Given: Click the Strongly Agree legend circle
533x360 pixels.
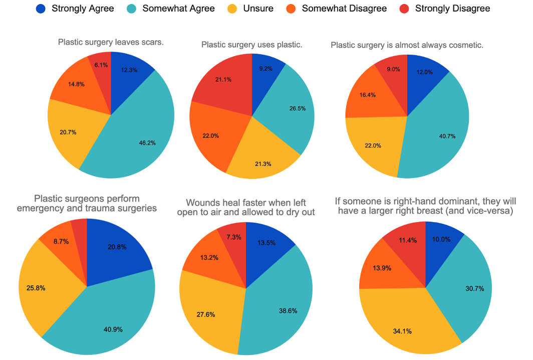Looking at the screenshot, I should pos(41,9).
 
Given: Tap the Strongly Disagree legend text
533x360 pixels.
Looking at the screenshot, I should pos(452,9).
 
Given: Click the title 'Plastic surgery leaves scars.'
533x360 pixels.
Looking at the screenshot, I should pos(111,42).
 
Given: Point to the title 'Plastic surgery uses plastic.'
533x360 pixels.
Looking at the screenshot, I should pos(251,45).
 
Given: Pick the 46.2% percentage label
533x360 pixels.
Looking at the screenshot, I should pos(147,142).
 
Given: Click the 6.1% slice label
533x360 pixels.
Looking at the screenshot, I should pos(101,65).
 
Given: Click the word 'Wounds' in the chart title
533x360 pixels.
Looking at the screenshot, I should pos(201,203).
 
